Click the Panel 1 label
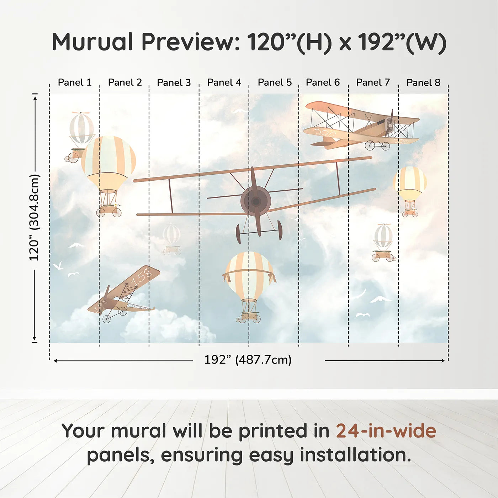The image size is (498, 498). pos(75,83)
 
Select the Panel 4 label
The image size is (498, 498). pos(224,83)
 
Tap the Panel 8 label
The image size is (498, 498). pos(423,83)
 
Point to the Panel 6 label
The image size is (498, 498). pos(323,83)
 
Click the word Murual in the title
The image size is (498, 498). pos(92,42)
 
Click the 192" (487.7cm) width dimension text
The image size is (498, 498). pos(248,360)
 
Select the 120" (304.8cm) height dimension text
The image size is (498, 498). pos(35,217)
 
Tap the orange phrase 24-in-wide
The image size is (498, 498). pos(386,431)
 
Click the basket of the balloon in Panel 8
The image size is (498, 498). pos(410,213)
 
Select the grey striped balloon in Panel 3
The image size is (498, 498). pos(172,235)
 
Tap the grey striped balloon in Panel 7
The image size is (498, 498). pos(383,236)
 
